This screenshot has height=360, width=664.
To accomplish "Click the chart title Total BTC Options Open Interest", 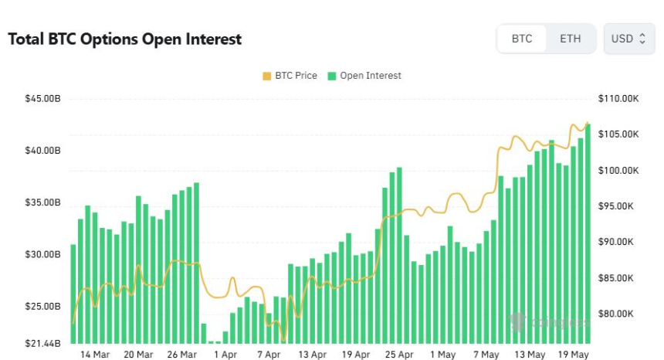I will point(124,39).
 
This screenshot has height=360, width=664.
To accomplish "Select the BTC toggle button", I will point(522,39).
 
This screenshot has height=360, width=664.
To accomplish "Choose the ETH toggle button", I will point(570,39).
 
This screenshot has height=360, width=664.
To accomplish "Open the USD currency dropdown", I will point(628,39).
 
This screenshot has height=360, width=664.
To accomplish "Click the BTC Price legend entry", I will point(290,76).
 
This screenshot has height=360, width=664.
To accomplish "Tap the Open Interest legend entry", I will point(364,76).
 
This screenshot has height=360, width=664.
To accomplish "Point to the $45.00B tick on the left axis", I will point(42,98).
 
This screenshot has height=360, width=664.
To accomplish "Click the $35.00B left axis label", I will point(42,202).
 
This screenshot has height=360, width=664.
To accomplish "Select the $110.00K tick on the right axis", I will point(618,98).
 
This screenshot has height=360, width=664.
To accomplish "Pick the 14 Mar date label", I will point(95,355).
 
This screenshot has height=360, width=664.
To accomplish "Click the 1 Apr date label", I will point(225,355).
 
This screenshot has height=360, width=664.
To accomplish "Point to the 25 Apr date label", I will point(399,355).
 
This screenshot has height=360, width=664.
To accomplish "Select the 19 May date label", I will point(573,355).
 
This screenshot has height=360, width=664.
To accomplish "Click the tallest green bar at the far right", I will point(588,232).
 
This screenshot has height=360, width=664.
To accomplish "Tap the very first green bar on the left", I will point(73,294).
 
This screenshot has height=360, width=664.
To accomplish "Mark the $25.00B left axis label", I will point(42,307).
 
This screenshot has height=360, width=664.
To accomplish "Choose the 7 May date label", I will point(486,355).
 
